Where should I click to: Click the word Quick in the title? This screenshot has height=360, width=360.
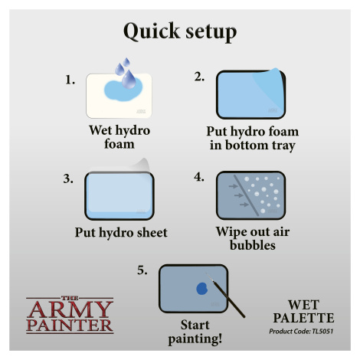pyautogui.click(x=152, y=31)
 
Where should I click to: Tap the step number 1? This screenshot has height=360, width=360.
pyautogui.click(x=70, y=80)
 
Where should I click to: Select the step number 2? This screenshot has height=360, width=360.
pyautogui.click(x=199, y=77)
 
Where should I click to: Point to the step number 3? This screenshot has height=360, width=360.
pyautogui.click(x=68, y=178)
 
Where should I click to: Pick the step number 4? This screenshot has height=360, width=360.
pyautogui.click(x=199, y=177)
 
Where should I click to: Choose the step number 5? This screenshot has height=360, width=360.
pyautogui.click(x=142, y=270)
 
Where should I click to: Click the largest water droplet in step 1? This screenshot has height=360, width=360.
pyautogui.click(x=129, y=79)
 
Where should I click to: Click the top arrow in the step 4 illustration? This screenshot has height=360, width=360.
pyautogui.click(x=233, y=186)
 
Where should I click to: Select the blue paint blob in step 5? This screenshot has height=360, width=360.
pyautogui.click(x=201, y=289)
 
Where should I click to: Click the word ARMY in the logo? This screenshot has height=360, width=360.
pyautogui.click(x=70, y=309)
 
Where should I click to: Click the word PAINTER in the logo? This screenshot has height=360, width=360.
pyautogui.click(x=70, y=326)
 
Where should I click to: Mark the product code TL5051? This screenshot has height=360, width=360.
pyautogui.click(x=322, y=332)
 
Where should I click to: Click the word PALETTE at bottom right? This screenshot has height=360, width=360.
pyautogui.click(x=303, y=318)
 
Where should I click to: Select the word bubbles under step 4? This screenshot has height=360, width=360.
pyautogui.click(x=253, y=245)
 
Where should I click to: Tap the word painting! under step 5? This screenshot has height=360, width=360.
pyautogui.click(x=195, y=339)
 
